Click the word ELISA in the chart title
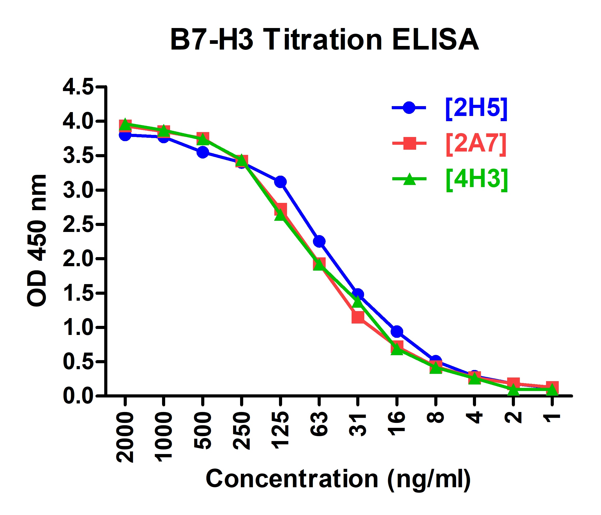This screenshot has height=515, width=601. [435, 40]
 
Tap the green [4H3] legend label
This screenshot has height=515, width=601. [477, 179]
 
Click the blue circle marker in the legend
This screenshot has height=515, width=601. [409, 108]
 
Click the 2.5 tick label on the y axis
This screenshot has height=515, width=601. [78, 224]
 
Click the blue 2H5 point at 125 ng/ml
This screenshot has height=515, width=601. [280, 182]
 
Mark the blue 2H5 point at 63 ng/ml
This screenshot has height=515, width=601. [319, 241]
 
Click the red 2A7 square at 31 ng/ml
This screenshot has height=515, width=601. [358, 317]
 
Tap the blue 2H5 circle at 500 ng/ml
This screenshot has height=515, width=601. [203, 152]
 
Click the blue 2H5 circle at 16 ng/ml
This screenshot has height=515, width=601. [397, 331]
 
